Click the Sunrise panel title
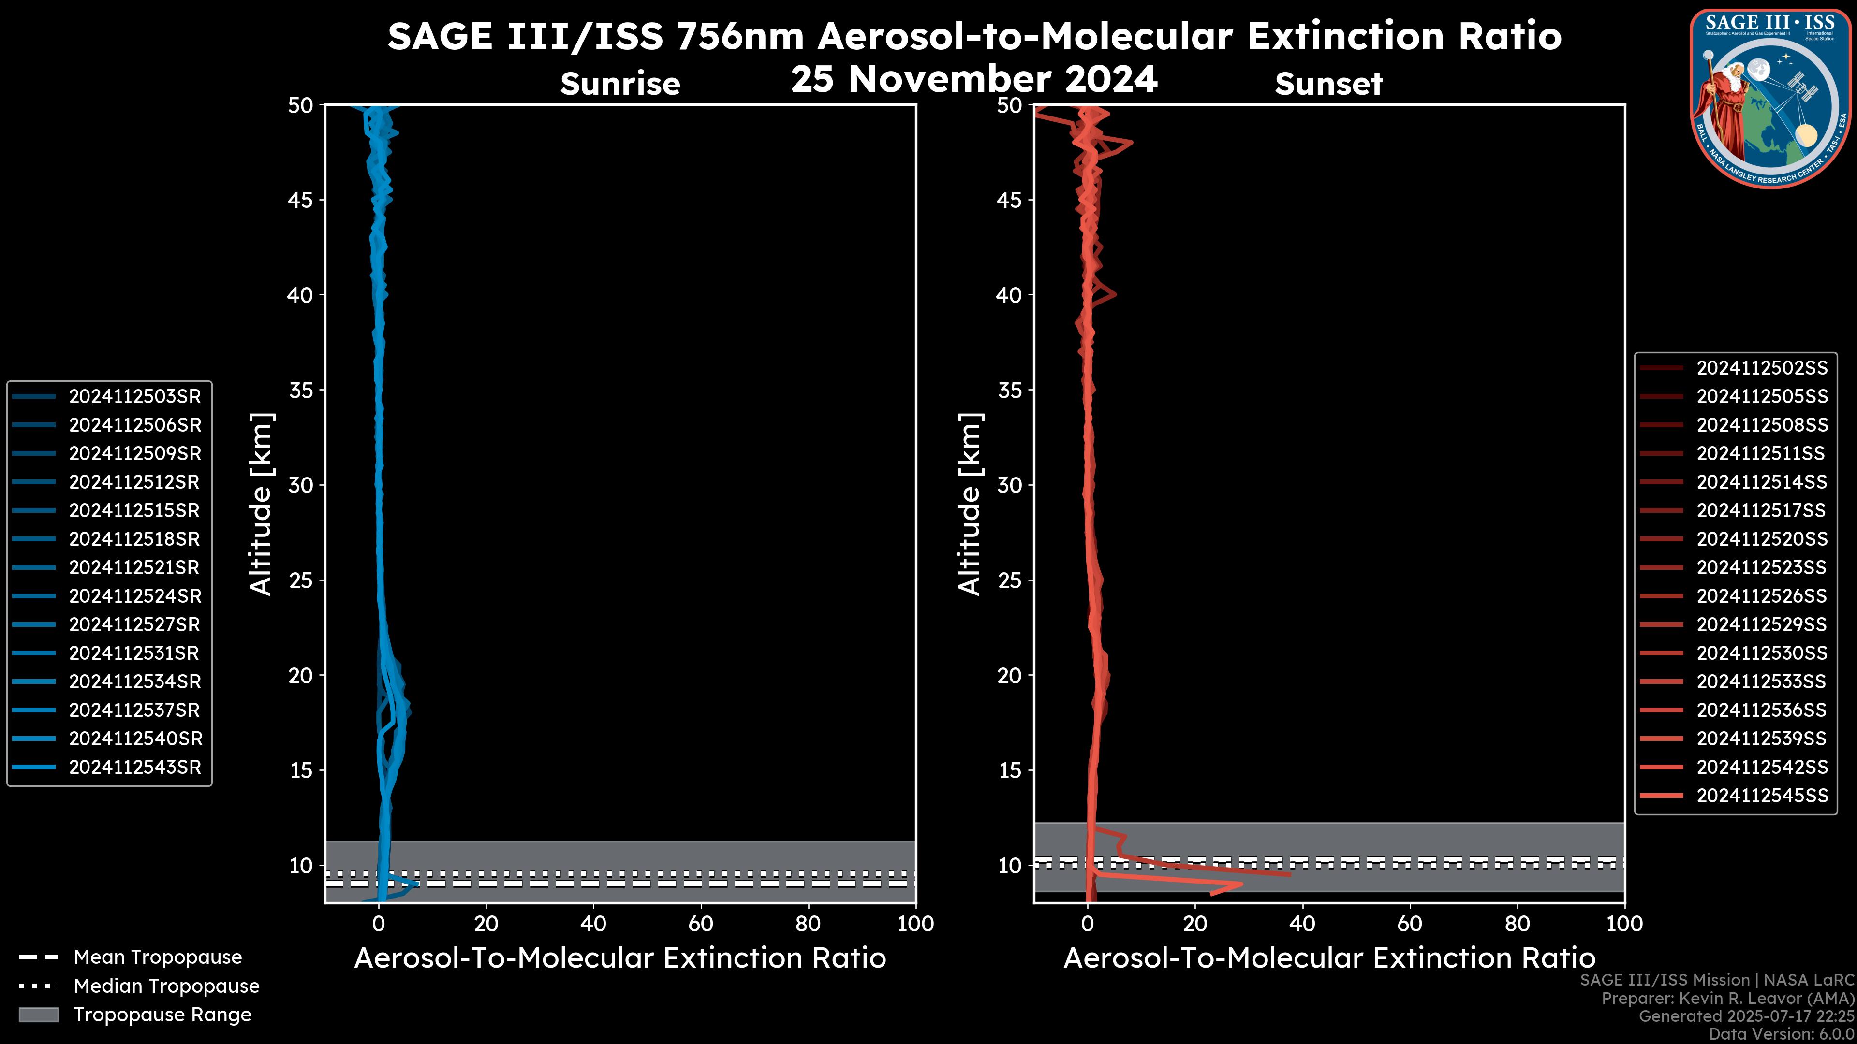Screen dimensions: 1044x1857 click(620, 84)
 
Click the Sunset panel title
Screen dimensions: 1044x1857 click(1328, 84)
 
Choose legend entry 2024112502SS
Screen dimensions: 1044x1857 click(1762, 368)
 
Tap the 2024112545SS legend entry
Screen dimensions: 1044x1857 click(1762, 796)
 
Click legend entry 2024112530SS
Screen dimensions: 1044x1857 click(1762, 653)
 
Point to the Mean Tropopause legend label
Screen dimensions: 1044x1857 click(158, 957)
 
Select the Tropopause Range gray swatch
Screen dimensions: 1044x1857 click(39, 1015)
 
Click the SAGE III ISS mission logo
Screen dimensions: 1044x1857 click(1770, 99)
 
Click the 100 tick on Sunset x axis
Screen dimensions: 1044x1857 click(1624, 924)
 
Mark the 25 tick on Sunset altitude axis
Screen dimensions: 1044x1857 click(1009, 580)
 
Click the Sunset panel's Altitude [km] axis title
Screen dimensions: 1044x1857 click(970, 504)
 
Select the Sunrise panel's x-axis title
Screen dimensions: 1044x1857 click(620, 958)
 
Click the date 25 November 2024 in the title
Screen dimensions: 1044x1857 click(974, 79)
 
